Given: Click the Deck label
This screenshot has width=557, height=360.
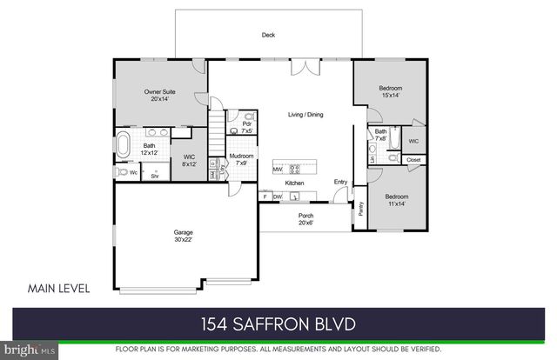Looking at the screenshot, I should [x=269, y=36].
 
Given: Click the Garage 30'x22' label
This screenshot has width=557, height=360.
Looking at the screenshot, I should [x=183, y=237].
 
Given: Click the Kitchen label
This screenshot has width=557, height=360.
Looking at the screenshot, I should [x=294, y=183].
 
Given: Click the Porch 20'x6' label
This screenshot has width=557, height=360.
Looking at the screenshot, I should [x=306, y=218].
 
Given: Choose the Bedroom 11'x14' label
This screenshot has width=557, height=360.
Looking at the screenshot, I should [x=396, y=200].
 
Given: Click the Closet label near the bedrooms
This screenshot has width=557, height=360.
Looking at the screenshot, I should [x=413, y=160].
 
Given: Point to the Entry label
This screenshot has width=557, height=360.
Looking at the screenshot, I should [x=341, y=182].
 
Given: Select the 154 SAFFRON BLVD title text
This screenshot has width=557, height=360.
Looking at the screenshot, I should [x=278, y=324].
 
